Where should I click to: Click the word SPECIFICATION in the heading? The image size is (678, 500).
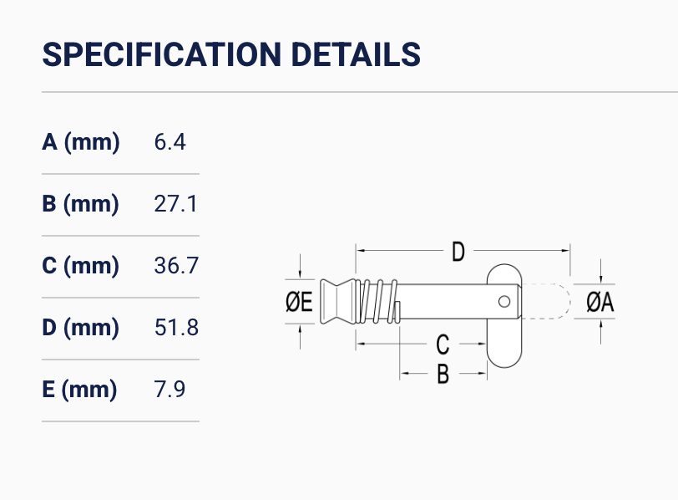tap(162, 54)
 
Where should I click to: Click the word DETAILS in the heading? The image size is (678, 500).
tap(356, 54)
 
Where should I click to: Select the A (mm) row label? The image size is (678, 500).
tap(81, 142)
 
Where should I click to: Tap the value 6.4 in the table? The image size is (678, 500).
tap(170, 142)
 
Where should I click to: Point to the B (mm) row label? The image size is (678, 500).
tap(80, 204)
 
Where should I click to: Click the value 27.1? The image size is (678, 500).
tap(175, 204)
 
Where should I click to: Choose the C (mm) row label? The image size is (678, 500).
tap(80, 265)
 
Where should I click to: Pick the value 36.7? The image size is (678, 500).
tap(176, 265)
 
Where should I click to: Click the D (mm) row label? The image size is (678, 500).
tap(80, 327)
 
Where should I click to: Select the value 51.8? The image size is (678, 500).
tap(176, 327)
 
